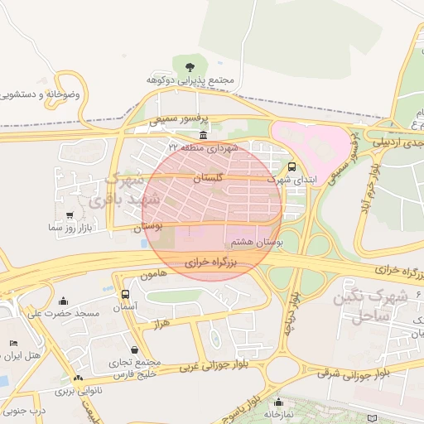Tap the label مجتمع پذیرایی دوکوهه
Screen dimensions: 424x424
pyautogui.click(x=191, y=80)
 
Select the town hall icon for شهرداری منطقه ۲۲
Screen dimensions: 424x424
pyautogui.click(x=204, y=134)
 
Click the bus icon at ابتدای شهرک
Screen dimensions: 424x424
pyautogui.click(x=291, y=165)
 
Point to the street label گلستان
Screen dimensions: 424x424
pyautogui.click(x=209, y=178)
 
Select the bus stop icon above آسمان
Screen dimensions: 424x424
pyautogui.click(x=125, y=294)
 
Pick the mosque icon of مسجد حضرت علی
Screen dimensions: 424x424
pyautogui.click(x=65, y=301)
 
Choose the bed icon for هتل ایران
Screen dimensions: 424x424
pyautogui.click(x=12, y=343)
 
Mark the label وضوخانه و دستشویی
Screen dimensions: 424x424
pyautogui.click(x=41, y=95)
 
